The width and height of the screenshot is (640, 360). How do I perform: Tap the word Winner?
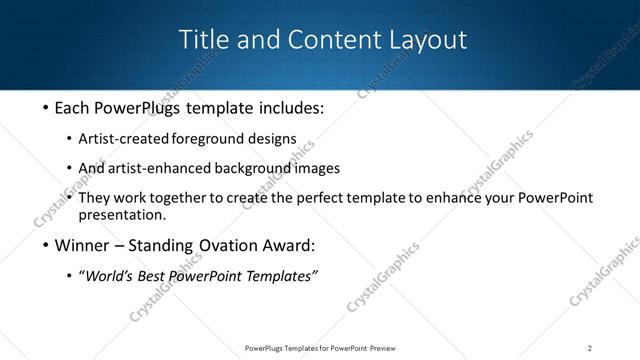click(81, 246)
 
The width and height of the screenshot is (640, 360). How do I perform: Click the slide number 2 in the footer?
click(589, 348)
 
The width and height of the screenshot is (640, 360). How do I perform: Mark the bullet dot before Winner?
click(45, 246)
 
